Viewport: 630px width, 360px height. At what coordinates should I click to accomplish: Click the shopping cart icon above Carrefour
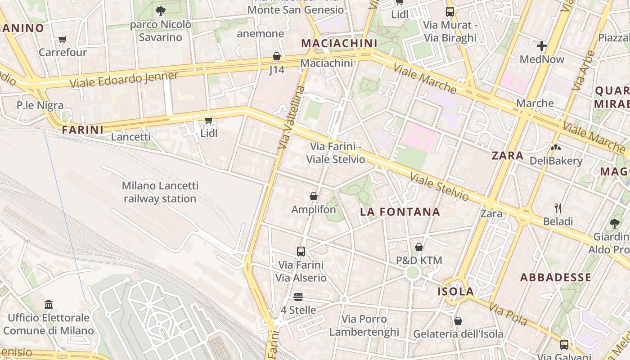click(63, 39)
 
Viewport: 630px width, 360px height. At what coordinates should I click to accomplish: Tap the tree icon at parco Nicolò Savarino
click(160, 11)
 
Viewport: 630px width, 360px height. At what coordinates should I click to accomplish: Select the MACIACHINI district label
click(339, 43)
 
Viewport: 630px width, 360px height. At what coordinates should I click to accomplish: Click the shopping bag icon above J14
click(277, 56)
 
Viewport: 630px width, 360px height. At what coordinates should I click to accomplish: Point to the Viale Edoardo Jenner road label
click(124, 80)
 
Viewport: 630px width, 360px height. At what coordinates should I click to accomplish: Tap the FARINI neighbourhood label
click(82, 130)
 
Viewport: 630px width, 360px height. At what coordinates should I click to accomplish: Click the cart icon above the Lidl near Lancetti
click(208, 120)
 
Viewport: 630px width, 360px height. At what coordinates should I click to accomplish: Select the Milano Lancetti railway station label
click(160, 192)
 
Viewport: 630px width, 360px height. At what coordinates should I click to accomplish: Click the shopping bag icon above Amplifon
click(314, 196)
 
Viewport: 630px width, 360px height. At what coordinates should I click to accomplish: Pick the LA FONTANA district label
click(400, 212)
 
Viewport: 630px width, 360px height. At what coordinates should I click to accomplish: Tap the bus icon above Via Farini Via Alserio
click(301, 251)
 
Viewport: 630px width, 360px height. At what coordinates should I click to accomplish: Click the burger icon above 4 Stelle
click(298, 297)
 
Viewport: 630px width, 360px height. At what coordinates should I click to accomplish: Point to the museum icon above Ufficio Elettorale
click(49, 305)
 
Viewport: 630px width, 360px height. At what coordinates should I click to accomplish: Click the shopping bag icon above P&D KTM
click(419, 247)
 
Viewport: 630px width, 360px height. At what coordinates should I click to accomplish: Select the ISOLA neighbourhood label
click(456, 292)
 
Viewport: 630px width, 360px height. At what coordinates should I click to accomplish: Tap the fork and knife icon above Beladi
click(558, 208)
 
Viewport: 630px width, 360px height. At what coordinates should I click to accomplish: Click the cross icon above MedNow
click(542, 45)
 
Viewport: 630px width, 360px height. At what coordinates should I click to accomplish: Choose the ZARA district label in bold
click(508, 156)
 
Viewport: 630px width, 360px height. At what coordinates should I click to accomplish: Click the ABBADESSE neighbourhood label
click(555, 277)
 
